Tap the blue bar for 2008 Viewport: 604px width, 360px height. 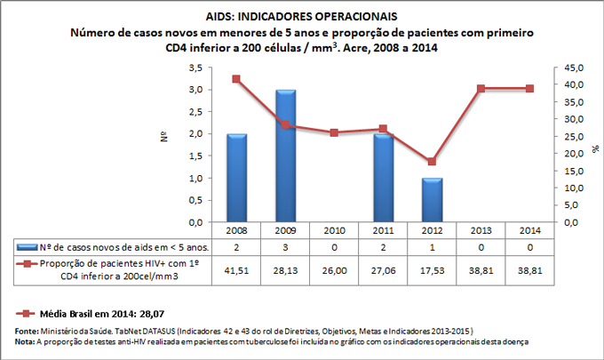236,178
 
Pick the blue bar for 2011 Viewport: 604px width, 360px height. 382,178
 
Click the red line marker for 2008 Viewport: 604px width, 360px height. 236,79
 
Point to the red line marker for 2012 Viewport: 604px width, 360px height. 431,162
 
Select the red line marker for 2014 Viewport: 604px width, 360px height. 528,89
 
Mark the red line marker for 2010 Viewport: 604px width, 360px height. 334,132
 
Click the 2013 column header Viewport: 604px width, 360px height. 480,229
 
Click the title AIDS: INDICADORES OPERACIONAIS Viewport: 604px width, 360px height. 301,17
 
